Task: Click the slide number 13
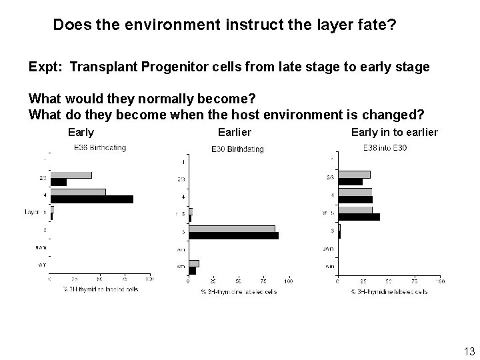(467, 351)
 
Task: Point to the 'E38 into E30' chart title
(384, 147)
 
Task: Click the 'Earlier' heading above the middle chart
(235, 132)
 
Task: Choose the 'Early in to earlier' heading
(394, 132)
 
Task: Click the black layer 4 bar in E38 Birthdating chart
(92, 199)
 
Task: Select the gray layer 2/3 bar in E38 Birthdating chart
(71, 175)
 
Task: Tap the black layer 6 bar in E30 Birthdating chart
(234, 235)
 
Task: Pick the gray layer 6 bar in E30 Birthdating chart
(232, 229)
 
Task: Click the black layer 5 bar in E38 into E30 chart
(359, 217)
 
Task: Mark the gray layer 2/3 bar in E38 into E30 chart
(354, 175)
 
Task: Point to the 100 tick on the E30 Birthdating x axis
(288, 281)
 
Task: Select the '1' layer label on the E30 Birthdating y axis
(183, 162)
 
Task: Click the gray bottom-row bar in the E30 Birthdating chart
(194, 263)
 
